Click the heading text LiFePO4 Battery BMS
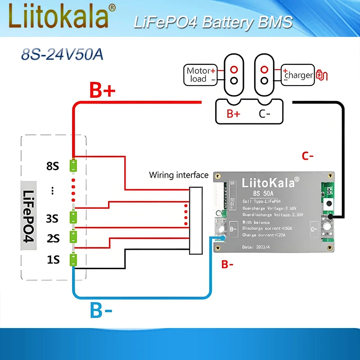(x=213, y=22)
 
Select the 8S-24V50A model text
(x=62, y=55)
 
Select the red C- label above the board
(x=308, y=156)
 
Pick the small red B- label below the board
(x=227, y=265)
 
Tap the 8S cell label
(x=53, y=166)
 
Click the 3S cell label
(x=53, y=219)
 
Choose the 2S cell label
(x=53, y=238)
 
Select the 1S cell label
(x=53, y=260)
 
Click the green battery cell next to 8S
(x=73, y=166)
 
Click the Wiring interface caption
(x=179, y=175)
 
